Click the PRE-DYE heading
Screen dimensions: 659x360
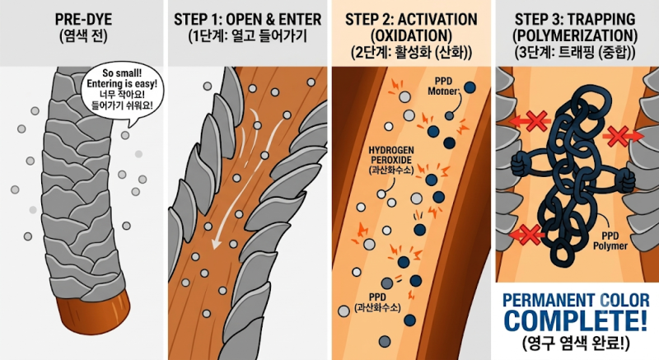tap(84, 19)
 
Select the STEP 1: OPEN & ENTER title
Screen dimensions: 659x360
tap(248, 19)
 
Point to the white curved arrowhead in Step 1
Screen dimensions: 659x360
tap(217, 243)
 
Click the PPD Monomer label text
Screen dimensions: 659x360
tap(444, 86)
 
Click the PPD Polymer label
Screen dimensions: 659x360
tap(610, 241)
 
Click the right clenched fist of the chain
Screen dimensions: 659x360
tap(624, 183)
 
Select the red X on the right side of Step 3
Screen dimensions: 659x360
tap(617, 137)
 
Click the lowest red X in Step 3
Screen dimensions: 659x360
tap(530, 235)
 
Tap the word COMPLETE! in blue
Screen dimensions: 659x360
tap(575, 321)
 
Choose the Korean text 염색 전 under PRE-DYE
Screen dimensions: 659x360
tap(84, 36)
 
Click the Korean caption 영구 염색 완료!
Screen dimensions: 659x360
tap(576, 344)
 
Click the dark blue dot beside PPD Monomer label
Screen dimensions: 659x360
tap(470, 87)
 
